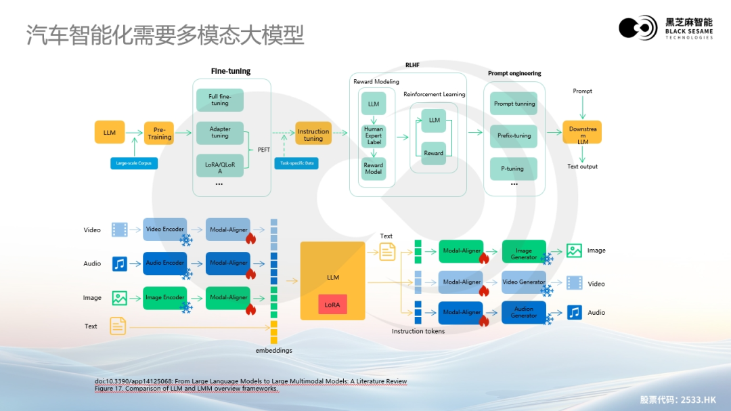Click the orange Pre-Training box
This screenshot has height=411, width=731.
[x=159, y=133]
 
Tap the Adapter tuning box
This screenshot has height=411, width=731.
[x=219, y=132]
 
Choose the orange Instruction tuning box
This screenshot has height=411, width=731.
[x=313, y=135]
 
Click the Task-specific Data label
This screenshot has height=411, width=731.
[x=296, y=163]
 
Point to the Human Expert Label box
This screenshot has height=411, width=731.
[x=373, y=135]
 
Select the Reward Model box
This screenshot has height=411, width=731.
[x=373, y=169]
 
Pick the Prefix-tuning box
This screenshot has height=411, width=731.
[x=513, y=135]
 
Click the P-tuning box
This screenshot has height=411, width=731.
[x=513, y=169]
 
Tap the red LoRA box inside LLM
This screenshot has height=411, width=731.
[x=332, y=305]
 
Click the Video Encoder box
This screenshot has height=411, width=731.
[x=165, y=230]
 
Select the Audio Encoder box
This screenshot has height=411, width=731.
[x=165, y=263]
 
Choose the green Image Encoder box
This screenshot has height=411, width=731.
[x=165, y=297]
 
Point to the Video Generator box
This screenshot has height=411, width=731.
[x=524, y=282]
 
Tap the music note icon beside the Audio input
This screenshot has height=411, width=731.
[x=120, y=263]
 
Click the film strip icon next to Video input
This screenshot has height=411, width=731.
[x=120, y=230]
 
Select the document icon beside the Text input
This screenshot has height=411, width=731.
[x=118, y=326]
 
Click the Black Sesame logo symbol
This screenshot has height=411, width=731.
[x=637, y=28]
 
